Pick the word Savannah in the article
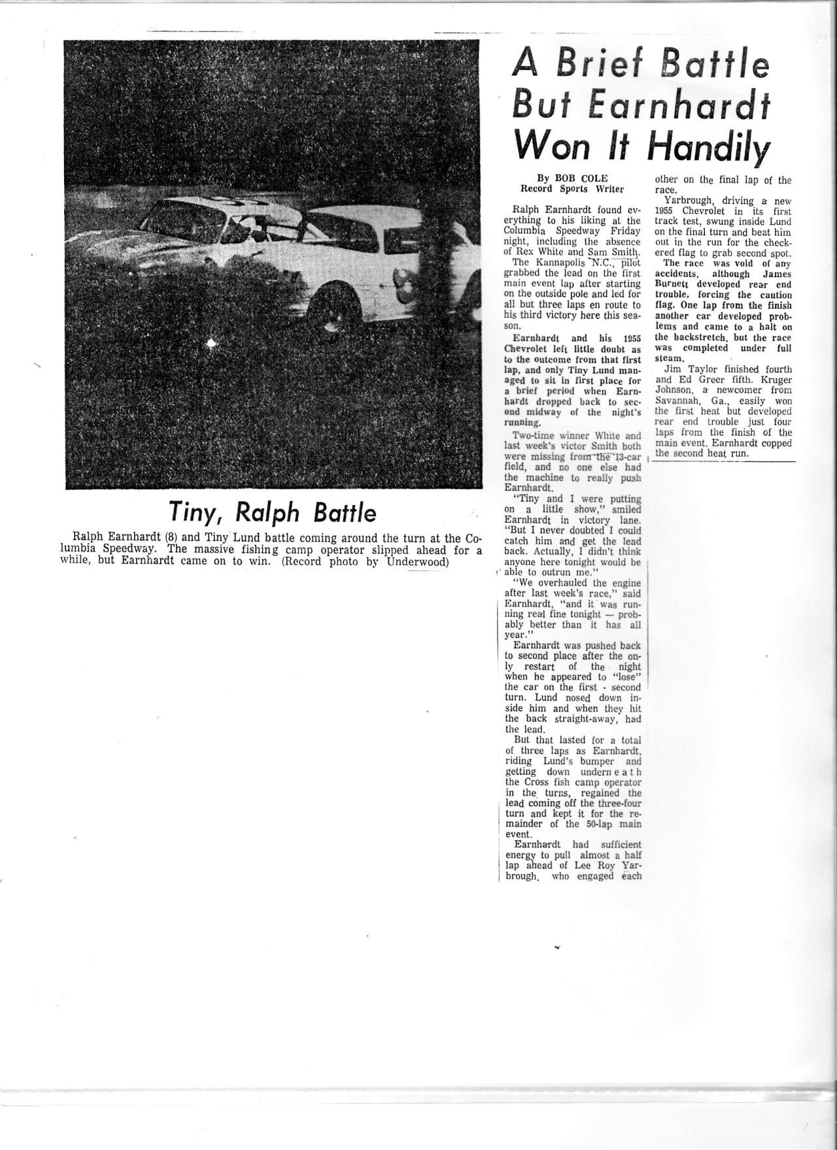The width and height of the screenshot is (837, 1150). coord(677,401)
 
